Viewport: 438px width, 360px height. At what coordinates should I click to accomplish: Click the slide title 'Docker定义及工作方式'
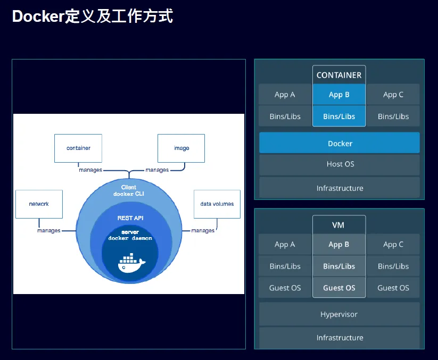[x=92, y=16]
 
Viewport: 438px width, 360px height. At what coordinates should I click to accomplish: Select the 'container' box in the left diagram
[x=78, y=148]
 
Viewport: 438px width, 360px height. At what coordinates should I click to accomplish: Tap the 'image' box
[x=181, y=148]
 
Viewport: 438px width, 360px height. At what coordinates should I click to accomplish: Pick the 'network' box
[x=39, y=204]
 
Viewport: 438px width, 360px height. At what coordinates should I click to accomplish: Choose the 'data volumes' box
[x=217, y=204]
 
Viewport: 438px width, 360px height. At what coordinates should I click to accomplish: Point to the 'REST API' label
[x=130, y=218]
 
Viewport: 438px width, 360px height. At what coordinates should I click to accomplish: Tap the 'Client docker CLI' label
[x=129, y=190]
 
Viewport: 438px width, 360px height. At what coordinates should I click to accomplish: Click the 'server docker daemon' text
[x=130, y=235]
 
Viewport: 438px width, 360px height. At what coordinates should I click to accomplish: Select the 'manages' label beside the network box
[x=48, y=231]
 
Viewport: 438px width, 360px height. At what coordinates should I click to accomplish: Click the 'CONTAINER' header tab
[x=339, y=75]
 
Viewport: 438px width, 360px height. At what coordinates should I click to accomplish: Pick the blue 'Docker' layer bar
[x=340, y=143]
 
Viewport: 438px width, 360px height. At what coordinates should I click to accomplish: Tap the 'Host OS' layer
[x=340, y=164]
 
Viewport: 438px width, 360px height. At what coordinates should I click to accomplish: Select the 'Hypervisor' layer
[x=339, y=314]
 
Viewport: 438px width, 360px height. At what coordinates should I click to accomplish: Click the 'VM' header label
[x=338, y=225]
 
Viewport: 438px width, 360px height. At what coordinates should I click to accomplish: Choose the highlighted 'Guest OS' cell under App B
[x=339, y=288]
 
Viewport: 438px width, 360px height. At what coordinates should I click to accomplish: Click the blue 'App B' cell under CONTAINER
[x=339, y=95]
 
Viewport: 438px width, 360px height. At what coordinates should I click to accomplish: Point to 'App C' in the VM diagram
[x=393, y=245]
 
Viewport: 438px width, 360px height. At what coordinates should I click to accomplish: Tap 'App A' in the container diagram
[x=285, y=95]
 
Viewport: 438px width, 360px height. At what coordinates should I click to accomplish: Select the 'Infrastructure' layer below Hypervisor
[x=340, y=338]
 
